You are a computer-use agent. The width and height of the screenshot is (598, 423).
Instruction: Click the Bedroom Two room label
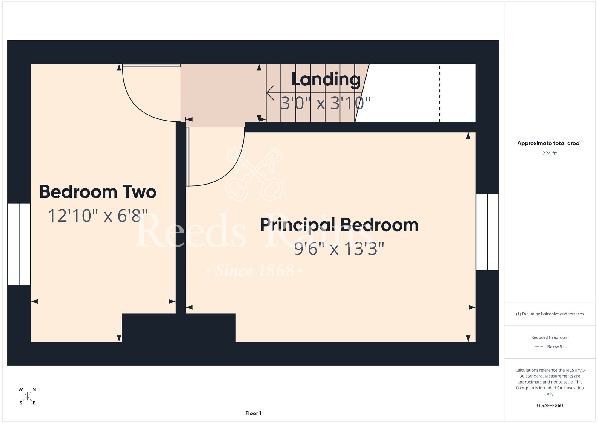[98, 192]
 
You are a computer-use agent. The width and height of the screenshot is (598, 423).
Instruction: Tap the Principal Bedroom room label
[339, 225]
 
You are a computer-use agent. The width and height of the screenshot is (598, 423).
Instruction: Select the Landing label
[326, 80]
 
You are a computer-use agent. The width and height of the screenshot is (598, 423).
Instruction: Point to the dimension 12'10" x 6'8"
[98, 216]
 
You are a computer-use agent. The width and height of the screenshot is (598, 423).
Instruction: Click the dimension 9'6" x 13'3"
[339, 249]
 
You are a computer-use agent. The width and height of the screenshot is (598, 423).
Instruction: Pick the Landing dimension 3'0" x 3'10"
[326, 103]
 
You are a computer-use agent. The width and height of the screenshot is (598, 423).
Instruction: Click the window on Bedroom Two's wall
[19, 244]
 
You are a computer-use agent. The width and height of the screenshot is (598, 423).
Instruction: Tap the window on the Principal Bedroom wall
[487, 232]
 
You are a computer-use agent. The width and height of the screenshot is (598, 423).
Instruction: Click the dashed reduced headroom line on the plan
[440, 94]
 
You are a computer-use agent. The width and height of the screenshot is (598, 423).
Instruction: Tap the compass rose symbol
[28, 396]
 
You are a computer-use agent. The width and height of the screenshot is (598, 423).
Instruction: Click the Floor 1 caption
[253, 413]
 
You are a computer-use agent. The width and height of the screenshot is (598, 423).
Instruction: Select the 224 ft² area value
[550, 153]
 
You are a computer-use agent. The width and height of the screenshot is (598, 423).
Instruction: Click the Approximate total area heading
[550, 143]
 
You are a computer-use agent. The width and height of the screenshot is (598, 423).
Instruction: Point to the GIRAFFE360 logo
[550, 406]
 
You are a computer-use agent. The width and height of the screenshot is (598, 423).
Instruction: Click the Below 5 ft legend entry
[550, 346]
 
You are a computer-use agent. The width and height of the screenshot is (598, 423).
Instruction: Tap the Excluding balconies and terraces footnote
[550, 314]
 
